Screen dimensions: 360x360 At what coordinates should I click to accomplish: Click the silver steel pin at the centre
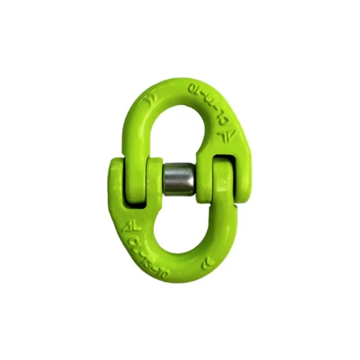tap(179, 179)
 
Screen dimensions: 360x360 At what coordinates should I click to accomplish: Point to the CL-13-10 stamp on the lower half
tap(148, 254)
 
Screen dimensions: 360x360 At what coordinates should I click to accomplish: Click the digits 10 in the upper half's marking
tap(194, 89)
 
